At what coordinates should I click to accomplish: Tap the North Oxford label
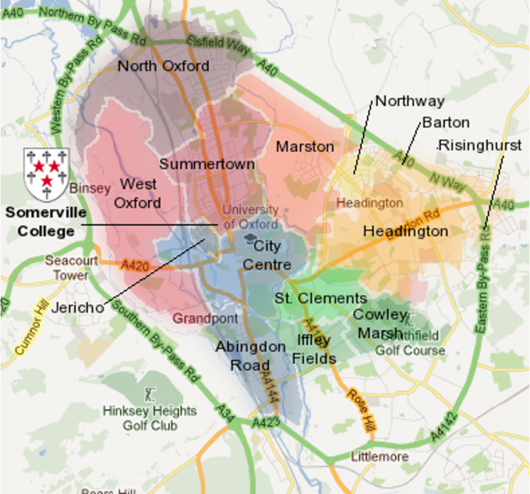(163, 66)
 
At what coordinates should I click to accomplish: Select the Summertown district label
(207, 164)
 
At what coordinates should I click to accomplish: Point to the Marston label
(304, 146)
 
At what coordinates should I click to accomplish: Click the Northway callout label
(410, 101)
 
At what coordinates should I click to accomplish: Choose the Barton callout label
(446, 123)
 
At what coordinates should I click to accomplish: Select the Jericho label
(77, 308)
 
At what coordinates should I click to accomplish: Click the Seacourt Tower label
(67, 268)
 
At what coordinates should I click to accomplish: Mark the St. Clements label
(320, 298)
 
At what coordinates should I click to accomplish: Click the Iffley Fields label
(314, 349)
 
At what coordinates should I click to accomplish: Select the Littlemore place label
(380, 457)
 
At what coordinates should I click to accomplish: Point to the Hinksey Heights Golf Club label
(150, 418)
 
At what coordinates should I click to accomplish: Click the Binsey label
(85, 188)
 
